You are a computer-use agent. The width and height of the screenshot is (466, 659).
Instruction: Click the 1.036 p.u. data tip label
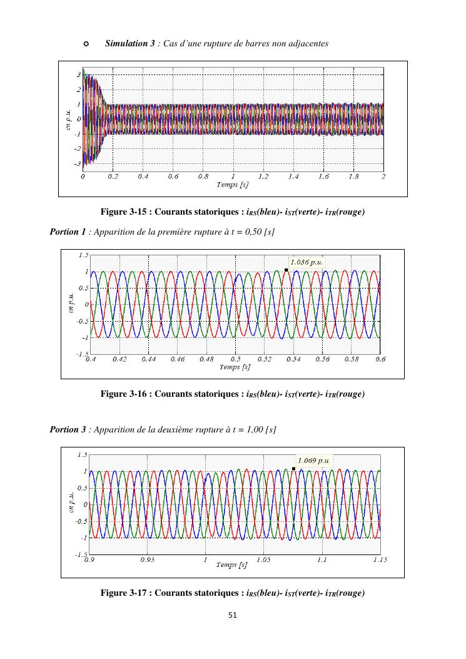coord(306,262)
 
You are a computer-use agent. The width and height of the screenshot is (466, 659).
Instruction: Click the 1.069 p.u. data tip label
coord(314,461)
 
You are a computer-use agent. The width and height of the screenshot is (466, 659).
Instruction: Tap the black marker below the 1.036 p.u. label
coord(286,270)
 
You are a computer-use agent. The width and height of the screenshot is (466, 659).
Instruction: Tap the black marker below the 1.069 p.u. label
coord(293,468)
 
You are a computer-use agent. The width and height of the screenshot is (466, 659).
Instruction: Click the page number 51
coord(233,616)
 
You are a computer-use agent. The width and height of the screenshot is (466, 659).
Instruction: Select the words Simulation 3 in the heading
coord(130,43)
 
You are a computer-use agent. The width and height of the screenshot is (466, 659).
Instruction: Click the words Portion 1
coord(68,232)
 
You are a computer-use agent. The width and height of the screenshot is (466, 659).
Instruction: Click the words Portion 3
coord(68,430)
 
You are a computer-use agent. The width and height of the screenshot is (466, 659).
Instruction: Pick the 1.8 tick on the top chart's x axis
coord(353,176)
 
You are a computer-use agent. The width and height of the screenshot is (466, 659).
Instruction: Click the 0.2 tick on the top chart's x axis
coord(113,176)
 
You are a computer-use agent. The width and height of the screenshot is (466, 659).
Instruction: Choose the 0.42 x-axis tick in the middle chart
coord(120,359)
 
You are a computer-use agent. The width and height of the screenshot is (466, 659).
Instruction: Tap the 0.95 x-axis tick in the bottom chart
coord(147,559)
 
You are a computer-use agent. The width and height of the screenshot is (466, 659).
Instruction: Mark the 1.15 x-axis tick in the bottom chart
coord(379,559)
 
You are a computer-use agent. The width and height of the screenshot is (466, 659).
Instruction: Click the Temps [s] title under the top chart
coord(232,185)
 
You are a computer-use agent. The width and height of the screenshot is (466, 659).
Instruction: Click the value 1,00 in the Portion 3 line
coord(252,430)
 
